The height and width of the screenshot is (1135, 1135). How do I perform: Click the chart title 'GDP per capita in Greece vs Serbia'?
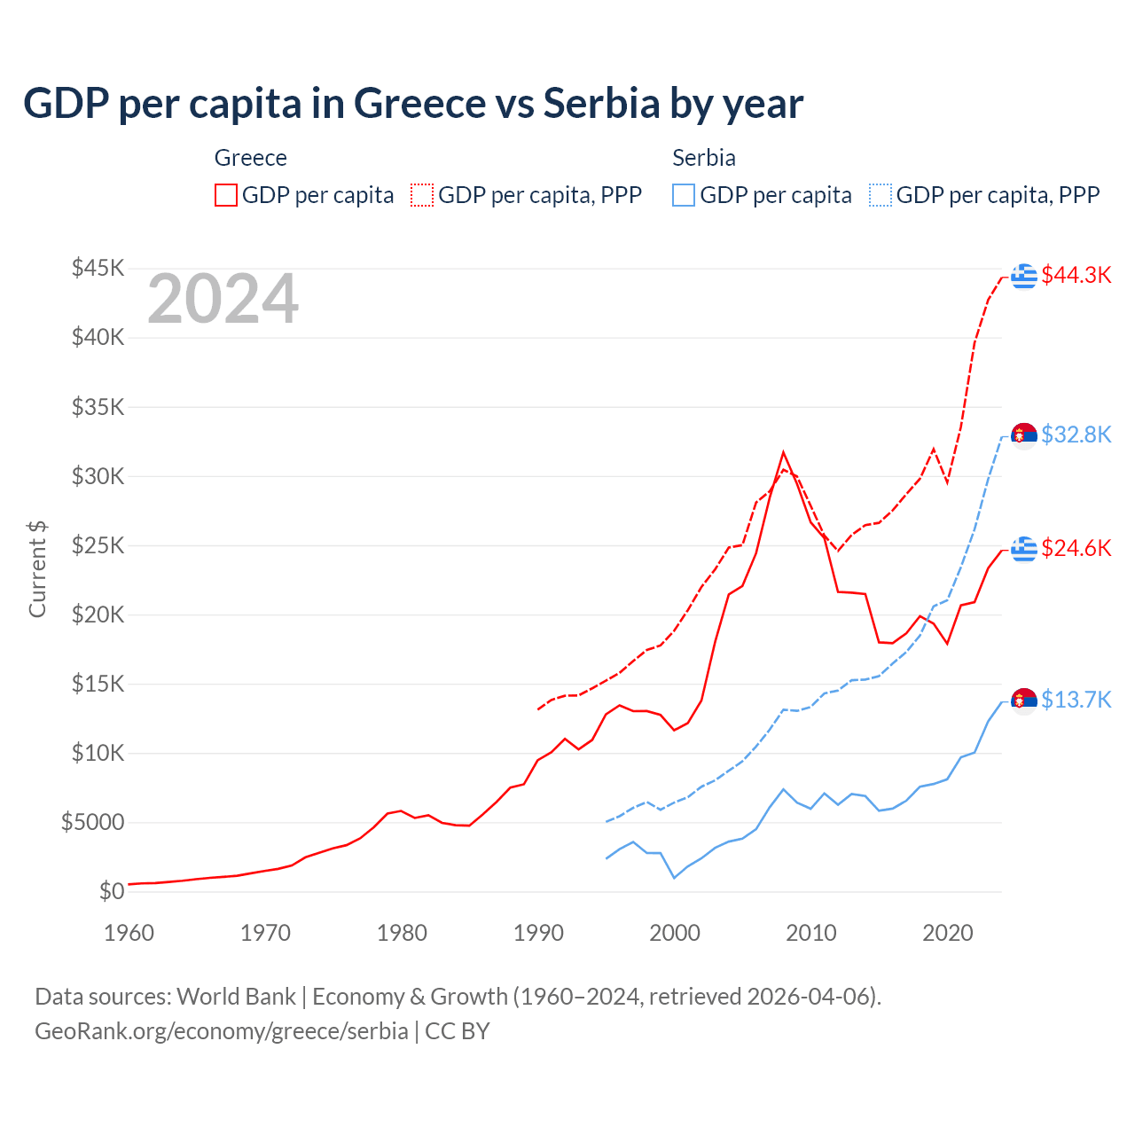[x=412, y=104]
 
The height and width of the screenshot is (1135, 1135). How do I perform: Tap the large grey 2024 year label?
[x=223, y=300]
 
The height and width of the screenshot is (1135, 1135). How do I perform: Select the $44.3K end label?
[x=1076, y=276]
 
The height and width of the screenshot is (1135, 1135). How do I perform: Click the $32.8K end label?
[x=1076, y=434]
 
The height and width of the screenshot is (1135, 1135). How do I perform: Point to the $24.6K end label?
[x=1076, y=548]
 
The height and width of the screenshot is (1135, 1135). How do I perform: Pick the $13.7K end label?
[x=1076, y=700]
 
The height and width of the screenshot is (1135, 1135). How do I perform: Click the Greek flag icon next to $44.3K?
[x=1024, y=276]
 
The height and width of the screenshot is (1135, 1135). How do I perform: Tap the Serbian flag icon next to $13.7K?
[x=1024, y=701]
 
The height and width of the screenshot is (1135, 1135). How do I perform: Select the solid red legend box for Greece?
[x=226, y=195]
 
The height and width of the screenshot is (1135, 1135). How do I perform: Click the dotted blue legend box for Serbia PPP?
[x=881, y=195]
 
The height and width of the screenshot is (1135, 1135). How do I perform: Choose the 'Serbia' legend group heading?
[x=704, y=158]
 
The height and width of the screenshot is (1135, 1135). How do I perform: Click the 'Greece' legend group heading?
[x=251, y=158]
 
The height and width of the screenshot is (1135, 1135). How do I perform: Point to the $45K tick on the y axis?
[x=98, y=268]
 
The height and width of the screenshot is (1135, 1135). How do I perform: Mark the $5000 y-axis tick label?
[x=92, y=822]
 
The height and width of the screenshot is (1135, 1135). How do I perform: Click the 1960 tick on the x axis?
[x=129, y=933]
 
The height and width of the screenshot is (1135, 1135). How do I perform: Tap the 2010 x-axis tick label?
[x=811, y=933]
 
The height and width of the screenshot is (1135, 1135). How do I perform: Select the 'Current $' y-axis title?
[x=37, y=569]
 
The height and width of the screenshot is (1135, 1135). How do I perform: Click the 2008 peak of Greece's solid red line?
[x=783, y=452]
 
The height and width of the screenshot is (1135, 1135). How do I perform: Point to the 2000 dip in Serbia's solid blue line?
[x=674, y=878]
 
